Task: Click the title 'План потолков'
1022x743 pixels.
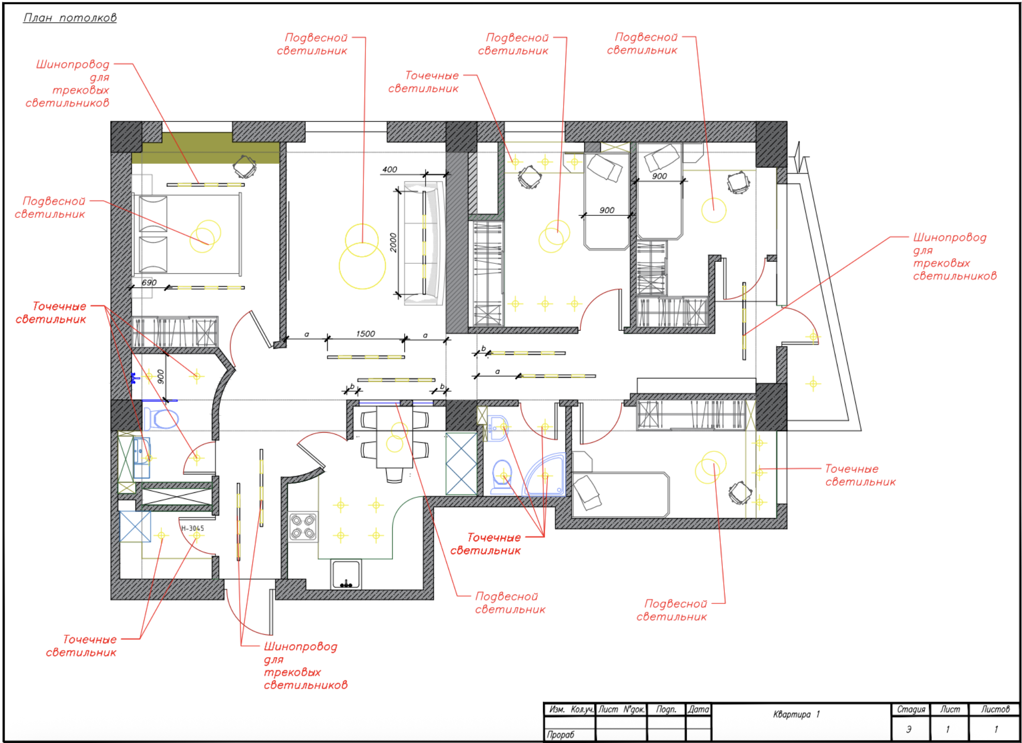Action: click(x=70, y=18)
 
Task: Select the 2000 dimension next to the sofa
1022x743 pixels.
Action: click(x=393, y=243)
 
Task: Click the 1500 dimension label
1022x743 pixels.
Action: click(x=365, y=334)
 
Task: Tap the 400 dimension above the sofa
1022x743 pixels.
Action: click(x=389, y=169)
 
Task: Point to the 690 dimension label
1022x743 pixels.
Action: click(x=149, y=283)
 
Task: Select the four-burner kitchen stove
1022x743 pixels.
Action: click(x=303, y=527)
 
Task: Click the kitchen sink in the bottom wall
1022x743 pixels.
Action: click(x=346, y=575)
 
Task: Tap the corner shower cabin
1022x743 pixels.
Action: click(x=546, y=475)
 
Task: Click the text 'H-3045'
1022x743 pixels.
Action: click(x=193, y=528)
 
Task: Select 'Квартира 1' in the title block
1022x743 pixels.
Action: click(x=796, y=714)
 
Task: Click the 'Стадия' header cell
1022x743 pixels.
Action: click(x=911, y=709)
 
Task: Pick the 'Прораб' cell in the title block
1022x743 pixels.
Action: click(x=561, y=734)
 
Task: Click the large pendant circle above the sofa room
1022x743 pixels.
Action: click(x=362, y=265)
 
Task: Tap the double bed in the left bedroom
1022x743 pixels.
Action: click(x=187, y=235)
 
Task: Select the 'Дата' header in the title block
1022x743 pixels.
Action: click(x=698, y=709)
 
